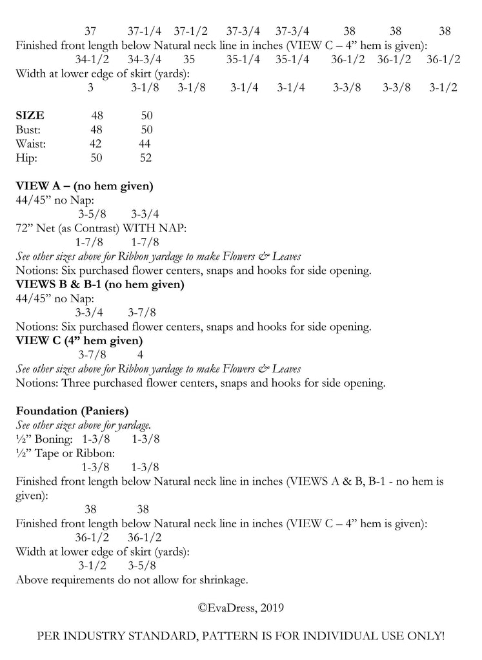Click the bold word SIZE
30,116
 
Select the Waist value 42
95,144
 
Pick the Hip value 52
146,158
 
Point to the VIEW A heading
84,186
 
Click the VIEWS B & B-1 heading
100,284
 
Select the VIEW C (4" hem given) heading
79,340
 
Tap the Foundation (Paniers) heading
72,411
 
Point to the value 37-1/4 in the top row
145,31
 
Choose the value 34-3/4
145,59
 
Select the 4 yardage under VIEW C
141,354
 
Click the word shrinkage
221,579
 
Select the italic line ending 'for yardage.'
84,425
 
